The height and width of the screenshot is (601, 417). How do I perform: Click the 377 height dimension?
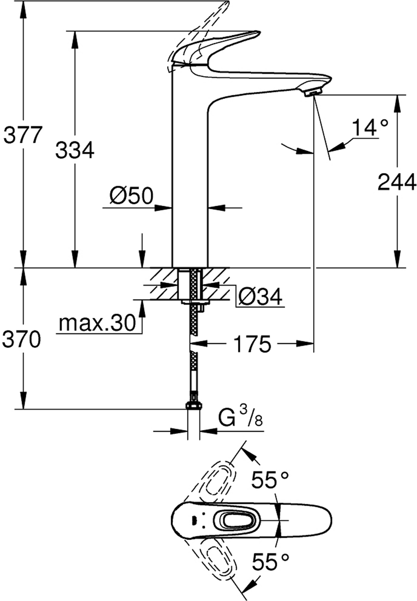(x=23, y=135)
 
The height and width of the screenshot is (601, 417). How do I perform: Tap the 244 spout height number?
(x=397, y=182)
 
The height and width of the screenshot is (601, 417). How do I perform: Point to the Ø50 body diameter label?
(x=132, y=195)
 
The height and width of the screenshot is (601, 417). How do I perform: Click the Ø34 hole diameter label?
(x=260, y=296)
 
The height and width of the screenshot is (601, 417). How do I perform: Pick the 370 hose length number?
(x=22, y=339)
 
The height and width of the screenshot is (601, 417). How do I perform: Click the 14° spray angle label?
(x=371, y=128)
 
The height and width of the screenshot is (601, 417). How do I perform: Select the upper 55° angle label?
(x=270, y=480)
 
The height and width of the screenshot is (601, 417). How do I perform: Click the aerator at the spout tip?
(x=311, y=92)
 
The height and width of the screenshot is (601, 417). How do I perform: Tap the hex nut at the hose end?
(x=193, y=405)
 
